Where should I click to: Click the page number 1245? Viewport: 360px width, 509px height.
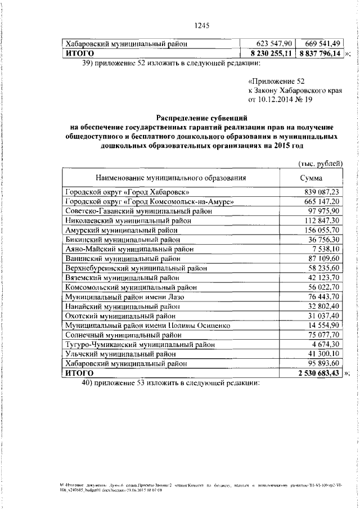click(x=201, y=24)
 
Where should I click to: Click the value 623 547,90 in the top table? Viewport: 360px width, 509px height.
click(x=264, y=43)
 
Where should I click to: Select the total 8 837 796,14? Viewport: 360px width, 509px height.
click(x=319, y=53)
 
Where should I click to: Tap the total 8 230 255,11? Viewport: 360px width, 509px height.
click(x=264, y=53)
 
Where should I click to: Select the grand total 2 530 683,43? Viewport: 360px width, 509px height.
click(x=313, y=373)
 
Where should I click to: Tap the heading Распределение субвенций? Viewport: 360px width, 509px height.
click(x=201, y=118)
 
